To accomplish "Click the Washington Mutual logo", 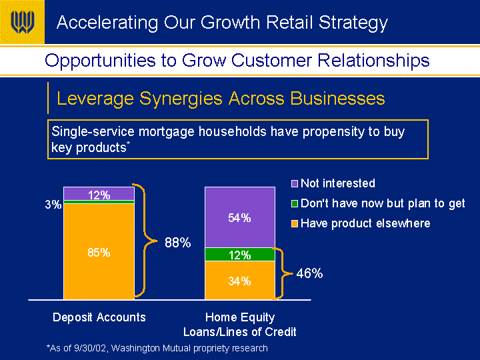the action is [23, 22].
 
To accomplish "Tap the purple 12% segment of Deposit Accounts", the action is [99, 193].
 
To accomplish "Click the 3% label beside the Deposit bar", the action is [53, 205].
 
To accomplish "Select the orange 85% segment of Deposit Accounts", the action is [99, 251].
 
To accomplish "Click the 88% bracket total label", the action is [178, 243].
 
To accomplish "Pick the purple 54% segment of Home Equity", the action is [240, 217].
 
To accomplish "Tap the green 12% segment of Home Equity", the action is [240, 255].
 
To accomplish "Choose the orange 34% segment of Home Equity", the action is [240, 281].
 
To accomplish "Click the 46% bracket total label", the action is [309, 273].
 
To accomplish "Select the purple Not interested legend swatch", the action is [295, 184].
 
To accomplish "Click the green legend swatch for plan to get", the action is [295, 203].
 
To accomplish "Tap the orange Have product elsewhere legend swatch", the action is [295, 224].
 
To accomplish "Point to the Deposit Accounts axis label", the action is [99, 317].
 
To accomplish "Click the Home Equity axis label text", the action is [240, 325].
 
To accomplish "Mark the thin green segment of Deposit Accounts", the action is [99, 202].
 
